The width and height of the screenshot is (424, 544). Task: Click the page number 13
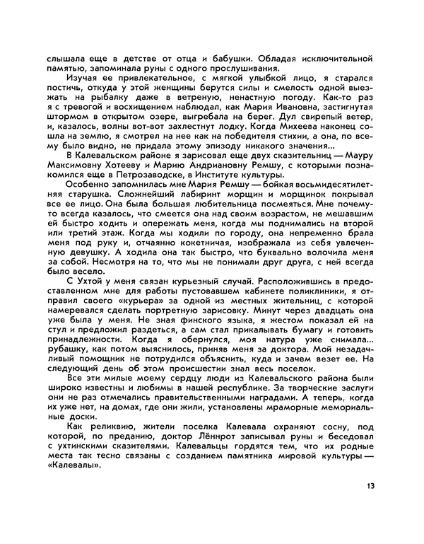click(x=371, y=486)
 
